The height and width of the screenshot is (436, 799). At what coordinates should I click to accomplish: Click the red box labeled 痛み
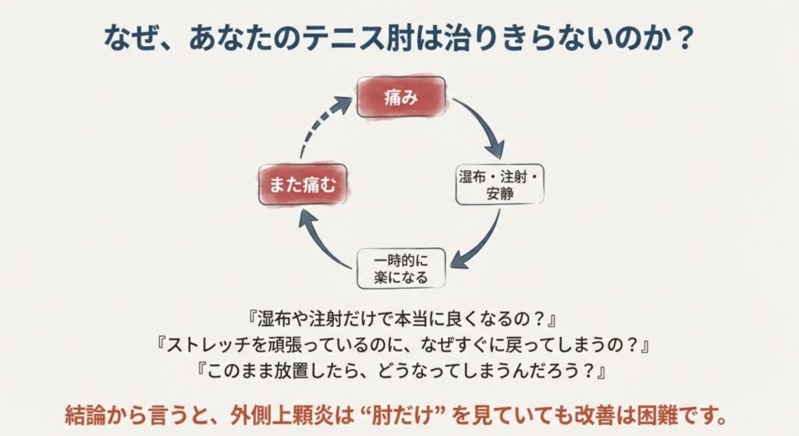[401, 97]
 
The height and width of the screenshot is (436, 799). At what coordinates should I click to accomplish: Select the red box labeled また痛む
[304, 186]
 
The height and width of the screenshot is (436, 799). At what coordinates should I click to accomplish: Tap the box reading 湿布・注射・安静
[499, 184]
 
